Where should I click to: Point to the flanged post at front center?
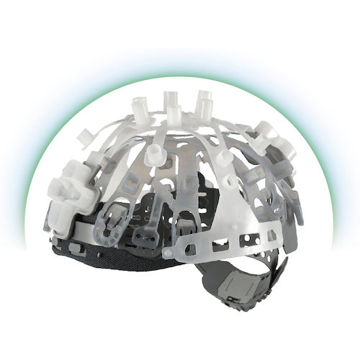tap(154, 156)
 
